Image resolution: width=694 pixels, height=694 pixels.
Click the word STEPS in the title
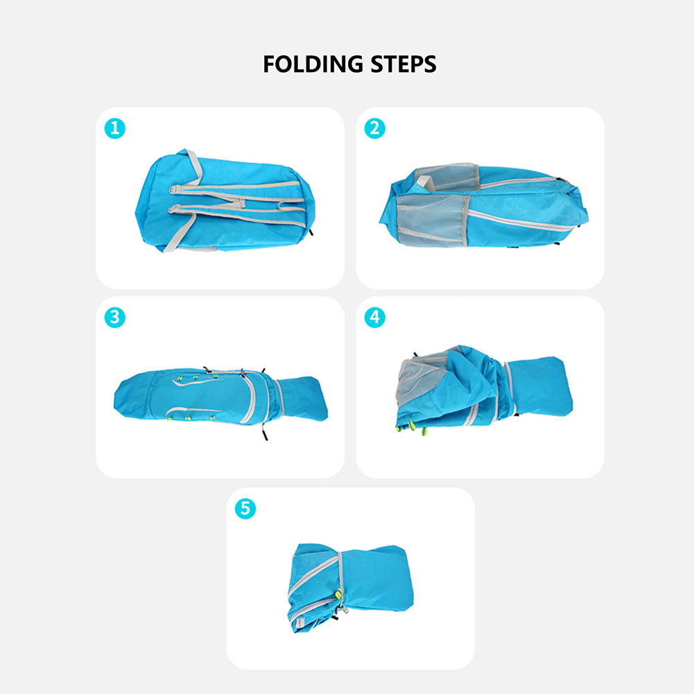(404, 64)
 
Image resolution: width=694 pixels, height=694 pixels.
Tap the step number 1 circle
(114, 128)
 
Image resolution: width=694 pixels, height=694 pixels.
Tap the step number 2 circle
(374, 128)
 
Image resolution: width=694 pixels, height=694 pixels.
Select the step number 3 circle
(114, 318)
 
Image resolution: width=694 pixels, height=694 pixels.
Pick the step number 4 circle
(374, 318)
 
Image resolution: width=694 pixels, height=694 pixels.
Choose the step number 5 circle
(245, 509)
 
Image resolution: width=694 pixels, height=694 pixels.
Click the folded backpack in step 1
(225, 201)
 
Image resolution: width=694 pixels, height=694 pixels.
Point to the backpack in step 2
(484, 206)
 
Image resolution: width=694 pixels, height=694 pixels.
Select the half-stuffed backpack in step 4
(484, 390)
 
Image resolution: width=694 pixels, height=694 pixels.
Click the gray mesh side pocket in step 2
(431, 219)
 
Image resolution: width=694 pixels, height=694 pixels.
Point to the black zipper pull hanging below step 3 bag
(264, 433)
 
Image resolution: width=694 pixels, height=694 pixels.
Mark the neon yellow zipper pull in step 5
(339, 593)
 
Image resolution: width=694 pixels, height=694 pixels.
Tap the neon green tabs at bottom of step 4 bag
(411, 428)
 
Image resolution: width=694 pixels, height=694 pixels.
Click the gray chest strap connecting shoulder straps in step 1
(242, 203)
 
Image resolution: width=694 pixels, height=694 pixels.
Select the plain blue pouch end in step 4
(539, 386)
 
